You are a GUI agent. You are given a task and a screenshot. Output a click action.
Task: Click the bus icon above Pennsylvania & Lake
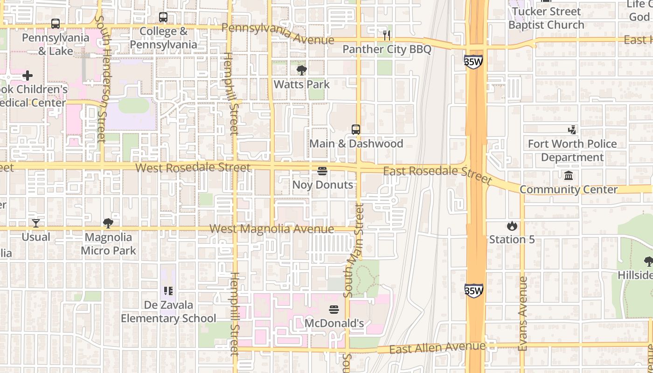56,24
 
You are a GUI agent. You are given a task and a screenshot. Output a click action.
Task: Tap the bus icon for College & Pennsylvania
163,17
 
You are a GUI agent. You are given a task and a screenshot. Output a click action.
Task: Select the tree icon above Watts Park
302,70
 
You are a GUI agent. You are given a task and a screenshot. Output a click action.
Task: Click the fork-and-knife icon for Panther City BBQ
386,35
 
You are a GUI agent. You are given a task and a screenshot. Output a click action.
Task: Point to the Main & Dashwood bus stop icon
356,130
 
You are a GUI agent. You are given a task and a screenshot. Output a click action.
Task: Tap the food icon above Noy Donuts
322,171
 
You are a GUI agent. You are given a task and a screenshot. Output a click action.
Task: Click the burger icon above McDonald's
334,310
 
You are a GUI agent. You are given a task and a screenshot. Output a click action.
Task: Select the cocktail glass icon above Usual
36,223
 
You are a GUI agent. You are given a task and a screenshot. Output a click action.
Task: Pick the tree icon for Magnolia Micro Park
108,223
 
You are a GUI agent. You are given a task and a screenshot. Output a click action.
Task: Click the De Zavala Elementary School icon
168,291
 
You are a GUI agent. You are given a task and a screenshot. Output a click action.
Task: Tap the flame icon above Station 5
512,226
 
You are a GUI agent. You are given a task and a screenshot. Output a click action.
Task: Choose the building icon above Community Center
569,176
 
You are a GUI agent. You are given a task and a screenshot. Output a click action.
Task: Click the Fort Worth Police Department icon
572,130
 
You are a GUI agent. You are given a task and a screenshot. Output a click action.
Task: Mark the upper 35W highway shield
473,62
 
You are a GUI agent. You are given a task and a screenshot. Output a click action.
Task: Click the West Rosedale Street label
193,167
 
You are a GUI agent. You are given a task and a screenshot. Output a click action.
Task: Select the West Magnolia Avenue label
271,229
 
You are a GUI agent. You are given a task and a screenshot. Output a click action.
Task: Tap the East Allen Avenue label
437,347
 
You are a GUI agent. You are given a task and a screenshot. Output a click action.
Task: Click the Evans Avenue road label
522,313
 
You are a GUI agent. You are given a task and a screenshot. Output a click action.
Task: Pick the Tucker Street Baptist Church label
546,18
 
